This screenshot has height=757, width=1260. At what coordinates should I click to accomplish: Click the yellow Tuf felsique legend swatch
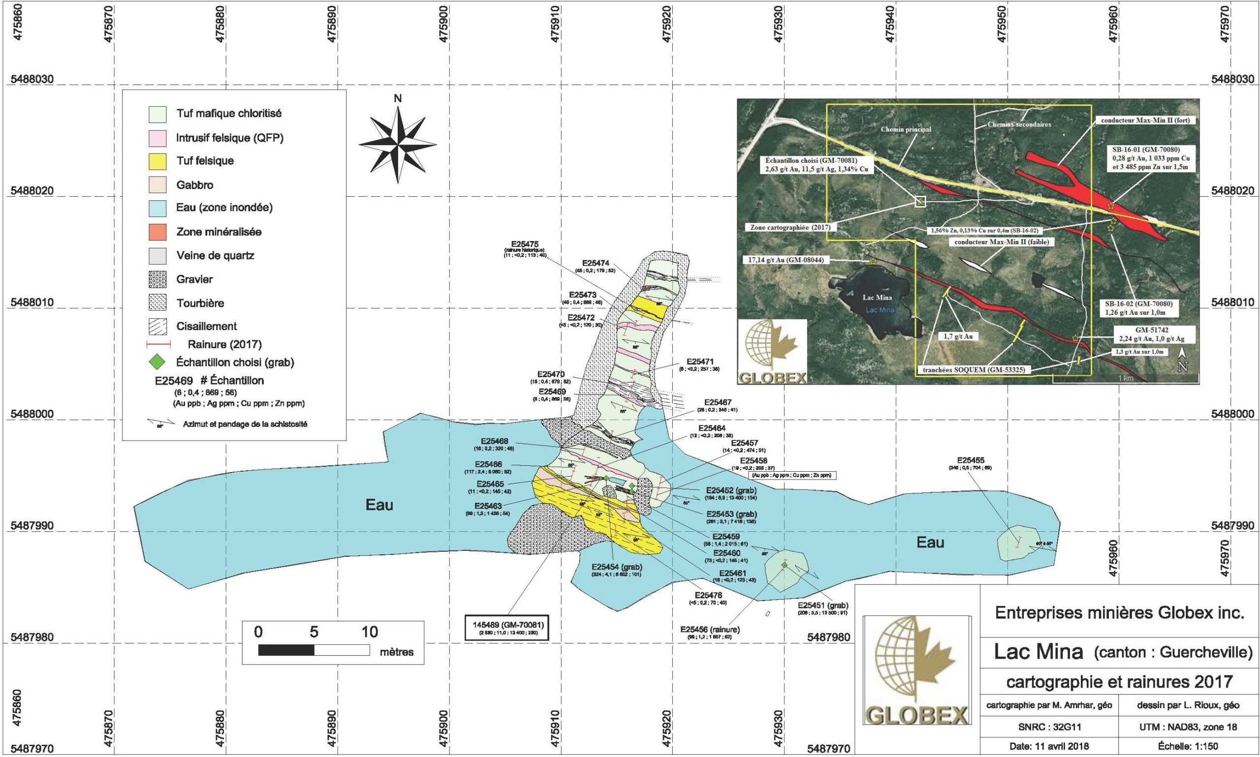pos(157,161)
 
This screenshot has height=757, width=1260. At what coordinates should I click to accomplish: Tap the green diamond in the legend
pos(157,362)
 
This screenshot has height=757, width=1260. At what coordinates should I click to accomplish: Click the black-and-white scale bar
pos(314,650)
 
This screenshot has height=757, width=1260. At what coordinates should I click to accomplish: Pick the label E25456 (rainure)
pos(710,630)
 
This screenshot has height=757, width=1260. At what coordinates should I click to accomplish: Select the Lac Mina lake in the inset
pos(878,305)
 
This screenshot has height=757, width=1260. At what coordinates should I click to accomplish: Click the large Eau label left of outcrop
pos(379,505)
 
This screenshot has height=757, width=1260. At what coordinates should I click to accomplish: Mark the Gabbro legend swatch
pos(157,185)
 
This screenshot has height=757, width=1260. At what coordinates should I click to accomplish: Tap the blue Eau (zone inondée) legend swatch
pos(157,208)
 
